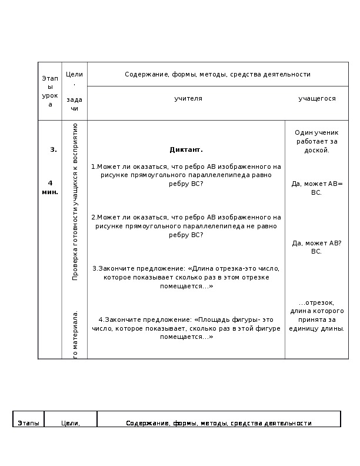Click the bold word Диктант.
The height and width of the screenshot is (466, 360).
point(186,149)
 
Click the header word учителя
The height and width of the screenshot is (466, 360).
point(188,99)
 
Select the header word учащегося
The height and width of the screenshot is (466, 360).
point(317,99)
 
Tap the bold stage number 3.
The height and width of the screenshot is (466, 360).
point(54,149)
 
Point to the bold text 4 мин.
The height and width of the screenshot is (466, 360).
point(51,188)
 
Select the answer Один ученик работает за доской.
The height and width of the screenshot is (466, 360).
point(316,141)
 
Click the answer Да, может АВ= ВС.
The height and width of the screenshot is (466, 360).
point(316,188)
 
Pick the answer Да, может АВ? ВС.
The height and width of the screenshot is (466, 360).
point(316,247)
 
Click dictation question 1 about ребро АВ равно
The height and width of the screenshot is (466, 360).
point(186,175)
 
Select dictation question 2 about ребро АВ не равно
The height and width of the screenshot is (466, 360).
point(186,226)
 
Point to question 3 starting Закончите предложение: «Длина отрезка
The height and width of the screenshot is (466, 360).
point(186,277)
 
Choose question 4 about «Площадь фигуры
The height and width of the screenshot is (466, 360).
point(186,328)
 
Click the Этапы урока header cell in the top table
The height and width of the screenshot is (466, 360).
point(50,91)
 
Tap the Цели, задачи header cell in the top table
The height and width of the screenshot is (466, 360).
point(74,91)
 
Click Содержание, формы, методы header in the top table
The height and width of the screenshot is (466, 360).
point(217,75)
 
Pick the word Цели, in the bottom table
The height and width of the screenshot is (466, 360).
point(71,423)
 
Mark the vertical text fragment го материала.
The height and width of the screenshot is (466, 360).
point(75,333)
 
